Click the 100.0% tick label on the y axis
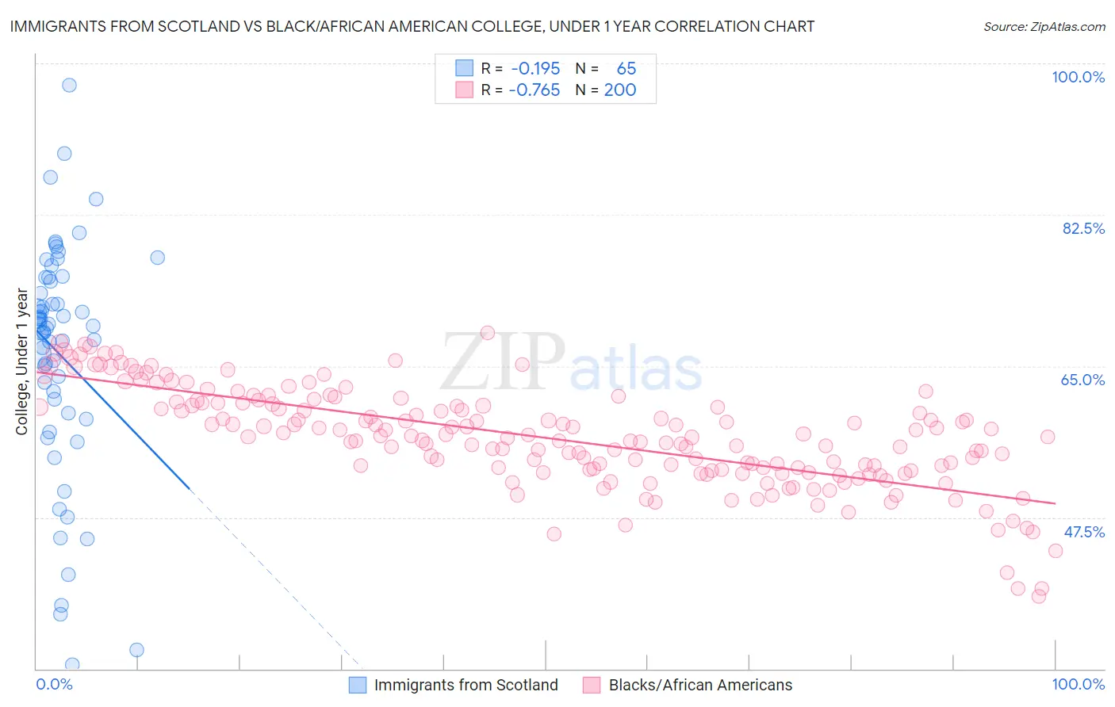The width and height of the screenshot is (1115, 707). [x=1078, y=77]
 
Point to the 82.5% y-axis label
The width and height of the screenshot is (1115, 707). [x=1083, y=228]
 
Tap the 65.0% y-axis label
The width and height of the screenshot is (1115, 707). [x=1082, y=380]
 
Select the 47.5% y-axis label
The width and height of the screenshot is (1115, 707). [x=1083, y=532]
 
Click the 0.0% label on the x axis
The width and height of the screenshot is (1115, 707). [x=54, y=685]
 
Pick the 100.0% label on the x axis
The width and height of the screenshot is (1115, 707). [x=1078, y=685]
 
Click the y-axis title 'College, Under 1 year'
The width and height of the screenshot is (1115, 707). [x=22, y=362]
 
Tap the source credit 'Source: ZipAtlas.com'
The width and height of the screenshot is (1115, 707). [x=1044, y=27]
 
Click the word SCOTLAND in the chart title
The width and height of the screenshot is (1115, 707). [x=195, y=27]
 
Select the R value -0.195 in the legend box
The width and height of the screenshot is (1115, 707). [x=535, y=69]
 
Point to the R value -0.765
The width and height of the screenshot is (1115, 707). [x=535, y=90]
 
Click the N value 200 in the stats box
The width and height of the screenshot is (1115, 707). [x=619, y=90]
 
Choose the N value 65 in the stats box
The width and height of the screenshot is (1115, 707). [x=626, y=69]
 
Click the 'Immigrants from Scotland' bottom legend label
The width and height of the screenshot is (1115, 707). [x=466, y=685]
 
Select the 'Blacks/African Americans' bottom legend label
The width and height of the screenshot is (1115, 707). [x=700, y=685]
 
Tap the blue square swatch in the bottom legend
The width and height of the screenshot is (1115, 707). [x=358, y=685]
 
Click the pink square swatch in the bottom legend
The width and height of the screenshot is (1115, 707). [x=592, y=685]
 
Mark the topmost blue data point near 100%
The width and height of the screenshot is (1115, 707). [x=69, y=85]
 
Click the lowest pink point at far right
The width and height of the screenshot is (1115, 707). [x=1039, y=596]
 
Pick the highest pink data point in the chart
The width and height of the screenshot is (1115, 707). [x=488, y=333]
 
